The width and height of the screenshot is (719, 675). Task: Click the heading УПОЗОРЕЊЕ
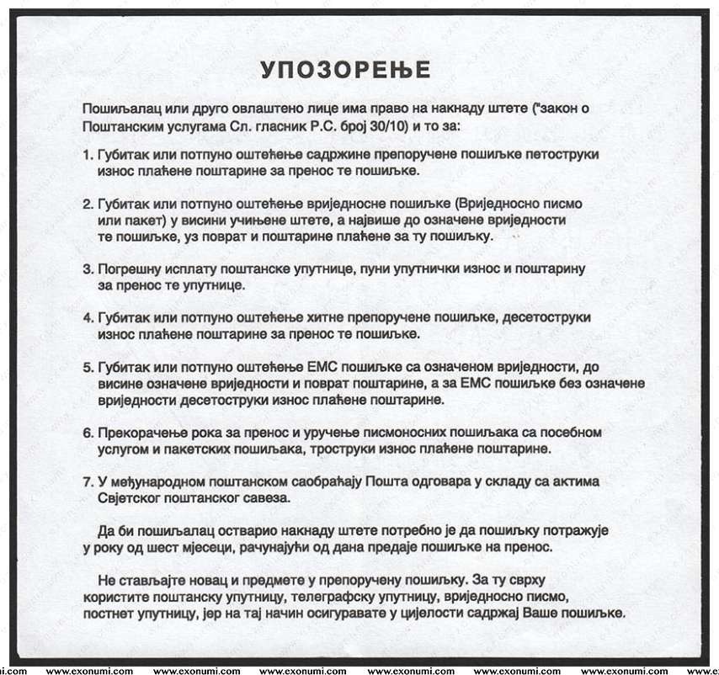[344, 68]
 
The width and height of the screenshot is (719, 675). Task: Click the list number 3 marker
[88, 270]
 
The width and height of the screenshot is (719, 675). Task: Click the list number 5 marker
[88, 368]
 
